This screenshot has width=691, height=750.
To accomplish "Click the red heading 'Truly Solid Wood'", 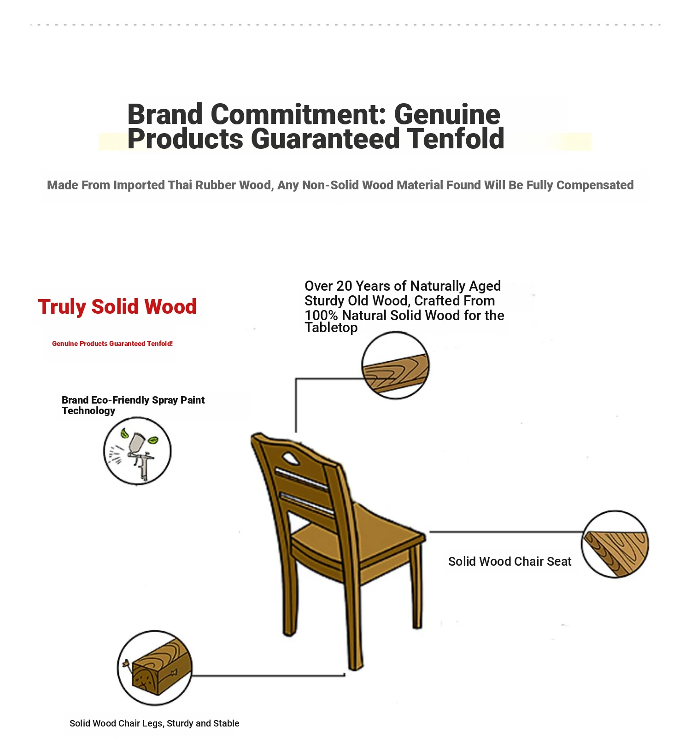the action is [x=117, y=307].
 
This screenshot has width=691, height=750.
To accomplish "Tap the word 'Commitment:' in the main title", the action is [x=299, y=114].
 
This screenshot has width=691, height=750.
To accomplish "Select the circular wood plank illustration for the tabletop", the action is [x=395, y=365].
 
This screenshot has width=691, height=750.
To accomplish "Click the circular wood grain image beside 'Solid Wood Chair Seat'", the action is [x=615, y=544].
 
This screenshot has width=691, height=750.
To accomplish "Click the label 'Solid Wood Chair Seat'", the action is [x=509, y=562].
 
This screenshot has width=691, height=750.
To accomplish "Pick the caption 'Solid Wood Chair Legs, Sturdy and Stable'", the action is [x=154, y=723].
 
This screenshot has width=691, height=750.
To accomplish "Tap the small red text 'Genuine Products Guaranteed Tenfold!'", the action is [x=112, y=344].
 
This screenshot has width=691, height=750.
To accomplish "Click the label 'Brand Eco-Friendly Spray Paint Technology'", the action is [x=133, y=405].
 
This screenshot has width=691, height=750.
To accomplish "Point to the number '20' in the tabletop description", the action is [x=344, y=286].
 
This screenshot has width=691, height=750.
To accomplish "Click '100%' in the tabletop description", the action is [x=322, y=316].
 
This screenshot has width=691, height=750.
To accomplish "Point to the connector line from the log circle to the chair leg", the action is [x=269, y=676].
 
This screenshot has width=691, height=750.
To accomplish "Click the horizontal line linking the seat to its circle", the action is [x=506, y=532].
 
